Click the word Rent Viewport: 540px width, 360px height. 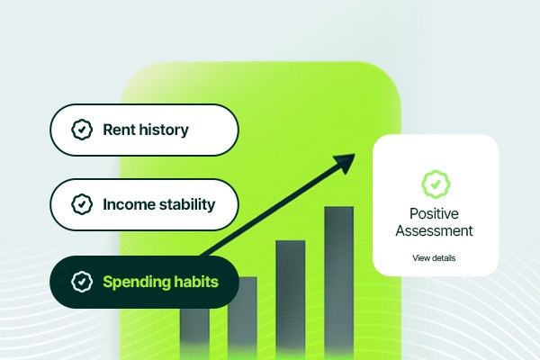[119, 130]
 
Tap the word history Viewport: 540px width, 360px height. [164, 130]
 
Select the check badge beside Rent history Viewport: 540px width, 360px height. [82, 130]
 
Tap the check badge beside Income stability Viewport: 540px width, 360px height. [82, 204]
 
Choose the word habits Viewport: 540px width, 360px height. [196, 282]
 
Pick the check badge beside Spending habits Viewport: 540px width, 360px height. [82, 282]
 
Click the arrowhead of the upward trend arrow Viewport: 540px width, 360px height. [346, 163]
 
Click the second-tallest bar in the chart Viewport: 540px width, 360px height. [291, 298]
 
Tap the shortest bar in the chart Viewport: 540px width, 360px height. [194, 332]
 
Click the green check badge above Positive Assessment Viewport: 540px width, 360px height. [436, 184]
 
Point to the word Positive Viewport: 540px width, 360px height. [434, 214]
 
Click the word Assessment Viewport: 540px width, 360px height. [434, 230]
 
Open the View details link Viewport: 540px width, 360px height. [434, 258]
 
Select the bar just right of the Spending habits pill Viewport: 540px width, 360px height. [242, 316]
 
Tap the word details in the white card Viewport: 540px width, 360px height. [442, 258]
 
